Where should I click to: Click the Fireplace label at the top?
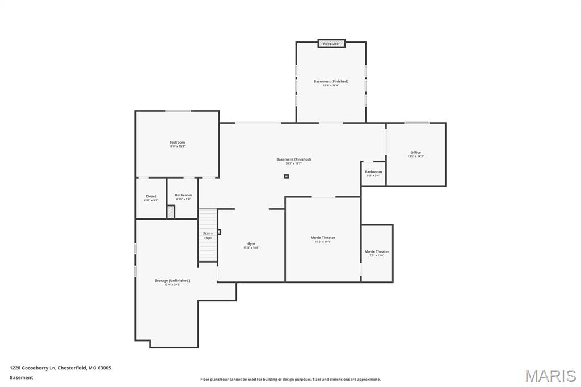[331, 44]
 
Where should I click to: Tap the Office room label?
[416, 153]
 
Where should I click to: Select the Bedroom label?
[177, 142]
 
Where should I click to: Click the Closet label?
[151, 196]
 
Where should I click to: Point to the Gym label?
[251, 244]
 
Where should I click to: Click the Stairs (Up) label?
[208, 235]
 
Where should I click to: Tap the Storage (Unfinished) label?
[172, 281]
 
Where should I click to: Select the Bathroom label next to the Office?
[373, 172]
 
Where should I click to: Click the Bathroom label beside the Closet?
[183, 195]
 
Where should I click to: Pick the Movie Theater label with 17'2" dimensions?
[323, 238]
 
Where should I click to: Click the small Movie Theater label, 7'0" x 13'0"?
[377, 252]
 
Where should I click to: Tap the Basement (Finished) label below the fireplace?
[331, 82]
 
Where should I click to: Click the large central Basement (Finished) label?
[293, 160]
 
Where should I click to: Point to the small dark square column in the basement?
[287, 176]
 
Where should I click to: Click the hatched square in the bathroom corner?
[170, 211]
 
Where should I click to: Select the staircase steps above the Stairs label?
[208, 218]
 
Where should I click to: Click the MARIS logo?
[550, 376]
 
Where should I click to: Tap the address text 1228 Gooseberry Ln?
[60, 368]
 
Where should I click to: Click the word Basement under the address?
[22, 377]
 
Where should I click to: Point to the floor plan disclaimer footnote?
[290, 380]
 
